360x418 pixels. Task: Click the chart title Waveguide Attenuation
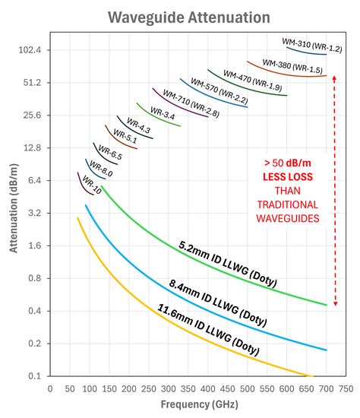click(179, 17)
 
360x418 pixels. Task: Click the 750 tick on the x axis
click(346, 388)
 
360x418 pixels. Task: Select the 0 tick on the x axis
click(50, 388)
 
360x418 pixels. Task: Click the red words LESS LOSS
click(288, 176)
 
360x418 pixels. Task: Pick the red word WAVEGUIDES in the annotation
click(288, 218)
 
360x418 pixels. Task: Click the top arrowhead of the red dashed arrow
click(335, 78)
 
